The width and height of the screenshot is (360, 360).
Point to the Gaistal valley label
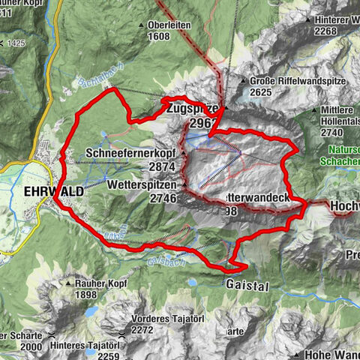coord(245,285)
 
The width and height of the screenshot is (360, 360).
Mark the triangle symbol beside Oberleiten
coord(140,24)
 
